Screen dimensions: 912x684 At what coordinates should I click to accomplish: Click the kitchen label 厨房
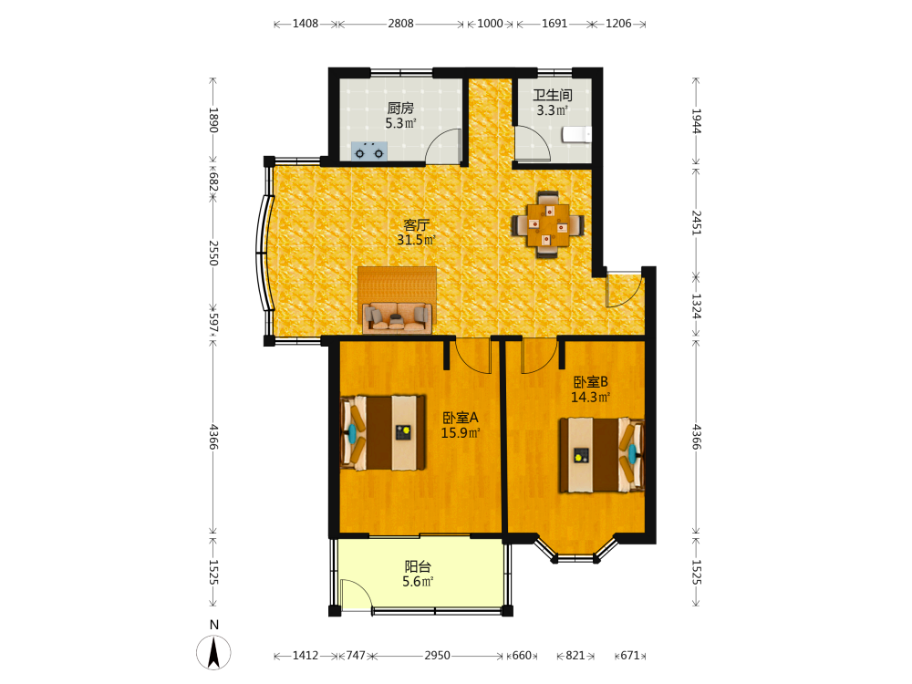click(400, 109)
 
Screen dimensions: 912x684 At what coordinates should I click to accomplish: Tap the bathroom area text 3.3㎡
click(552, 110)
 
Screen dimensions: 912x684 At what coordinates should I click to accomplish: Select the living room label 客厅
click(416, 225)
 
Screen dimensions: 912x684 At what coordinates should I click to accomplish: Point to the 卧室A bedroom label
click(460, 418)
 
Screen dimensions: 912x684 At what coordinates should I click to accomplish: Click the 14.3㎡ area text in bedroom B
click(590, 398)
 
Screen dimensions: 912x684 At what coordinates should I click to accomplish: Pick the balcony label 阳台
click(418, 566)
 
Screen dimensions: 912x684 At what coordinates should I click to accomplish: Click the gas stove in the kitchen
click(369, 151)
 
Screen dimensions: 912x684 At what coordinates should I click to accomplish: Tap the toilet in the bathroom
click(576, 135)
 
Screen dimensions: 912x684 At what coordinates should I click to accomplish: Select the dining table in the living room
click(548, 224)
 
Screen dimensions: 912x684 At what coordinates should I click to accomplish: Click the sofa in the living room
click(398, 317)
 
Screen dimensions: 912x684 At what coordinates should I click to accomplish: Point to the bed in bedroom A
click(383, 432)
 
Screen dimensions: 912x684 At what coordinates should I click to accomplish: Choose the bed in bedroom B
click(601, 455)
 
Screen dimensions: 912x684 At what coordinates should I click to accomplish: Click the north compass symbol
click(213, 652)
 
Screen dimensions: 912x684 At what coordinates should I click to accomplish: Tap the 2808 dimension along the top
click(400, 24)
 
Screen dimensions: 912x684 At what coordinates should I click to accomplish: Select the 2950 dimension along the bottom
click(437, 656)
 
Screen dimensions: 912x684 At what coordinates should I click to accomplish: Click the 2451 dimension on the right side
click(696, 223)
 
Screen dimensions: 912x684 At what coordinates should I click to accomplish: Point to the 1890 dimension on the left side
click(213, 119)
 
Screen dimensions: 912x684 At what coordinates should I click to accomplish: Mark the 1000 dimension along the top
click(490, 24)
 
